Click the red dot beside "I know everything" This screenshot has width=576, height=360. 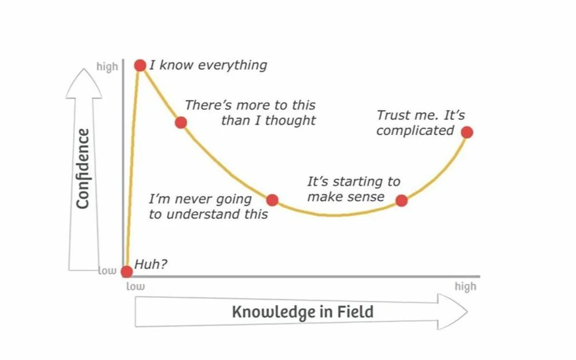[140, 65]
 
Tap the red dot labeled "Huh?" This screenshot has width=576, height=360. [127, 271]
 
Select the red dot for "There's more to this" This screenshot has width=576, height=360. [180, 122]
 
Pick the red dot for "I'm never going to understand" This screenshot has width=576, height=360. [272, 200]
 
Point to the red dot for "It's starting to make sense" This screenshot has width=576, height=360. [401, 200]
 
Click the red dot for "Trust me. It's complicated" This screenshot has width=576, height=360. [467, 133]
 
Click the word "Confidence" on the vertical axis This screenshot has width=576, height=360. [83, 169]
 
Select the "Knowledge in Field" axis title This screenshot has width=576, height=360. [302, 312]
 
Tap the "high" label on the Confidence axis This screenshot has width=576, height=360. [107, 67]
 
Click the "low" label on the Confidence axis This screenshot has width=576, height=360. [107, 271]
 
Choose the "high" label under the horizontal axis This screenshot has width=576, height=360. [465, 286]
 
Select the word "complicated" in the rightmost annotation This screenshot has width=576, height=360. [415, 131]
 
